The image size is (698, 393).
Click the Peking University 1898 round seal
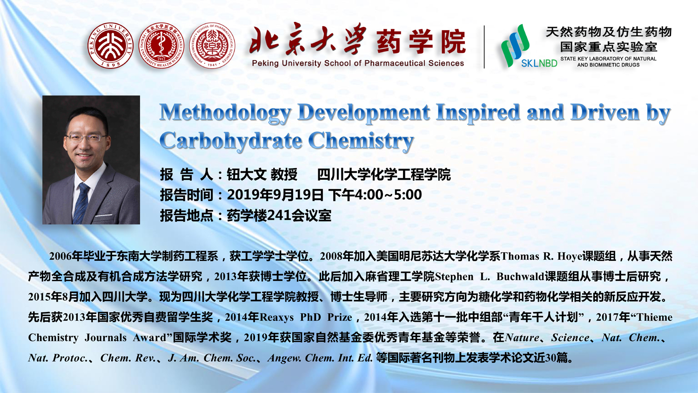click(x=110, y=46)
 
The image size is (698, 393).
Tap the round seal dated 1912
click(x=161, y=46)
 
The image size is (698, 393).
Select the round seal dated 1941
click(x=212, y=46)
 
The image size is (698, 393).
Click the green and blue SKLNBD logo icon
click(x=515, y=45)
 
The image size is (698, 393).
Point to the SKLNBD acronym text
click(x=539, y=63)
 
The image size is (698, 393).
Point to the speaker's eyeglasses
click(x=86, y=137)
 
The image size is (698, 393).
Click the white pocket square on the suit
click(x=103, y=215)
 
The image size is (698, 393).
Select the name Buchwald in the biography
click(x=520, y=277)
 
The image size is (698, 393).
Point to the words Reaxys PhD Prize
click(x=306, y=318)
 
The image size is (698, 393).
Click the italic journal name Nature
click(x=522, y=338)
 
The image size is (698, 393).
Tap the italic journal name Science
click(x=570, y=338)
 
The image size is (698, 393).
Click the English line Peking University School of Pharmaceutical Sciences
click(x=358, y=63)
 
